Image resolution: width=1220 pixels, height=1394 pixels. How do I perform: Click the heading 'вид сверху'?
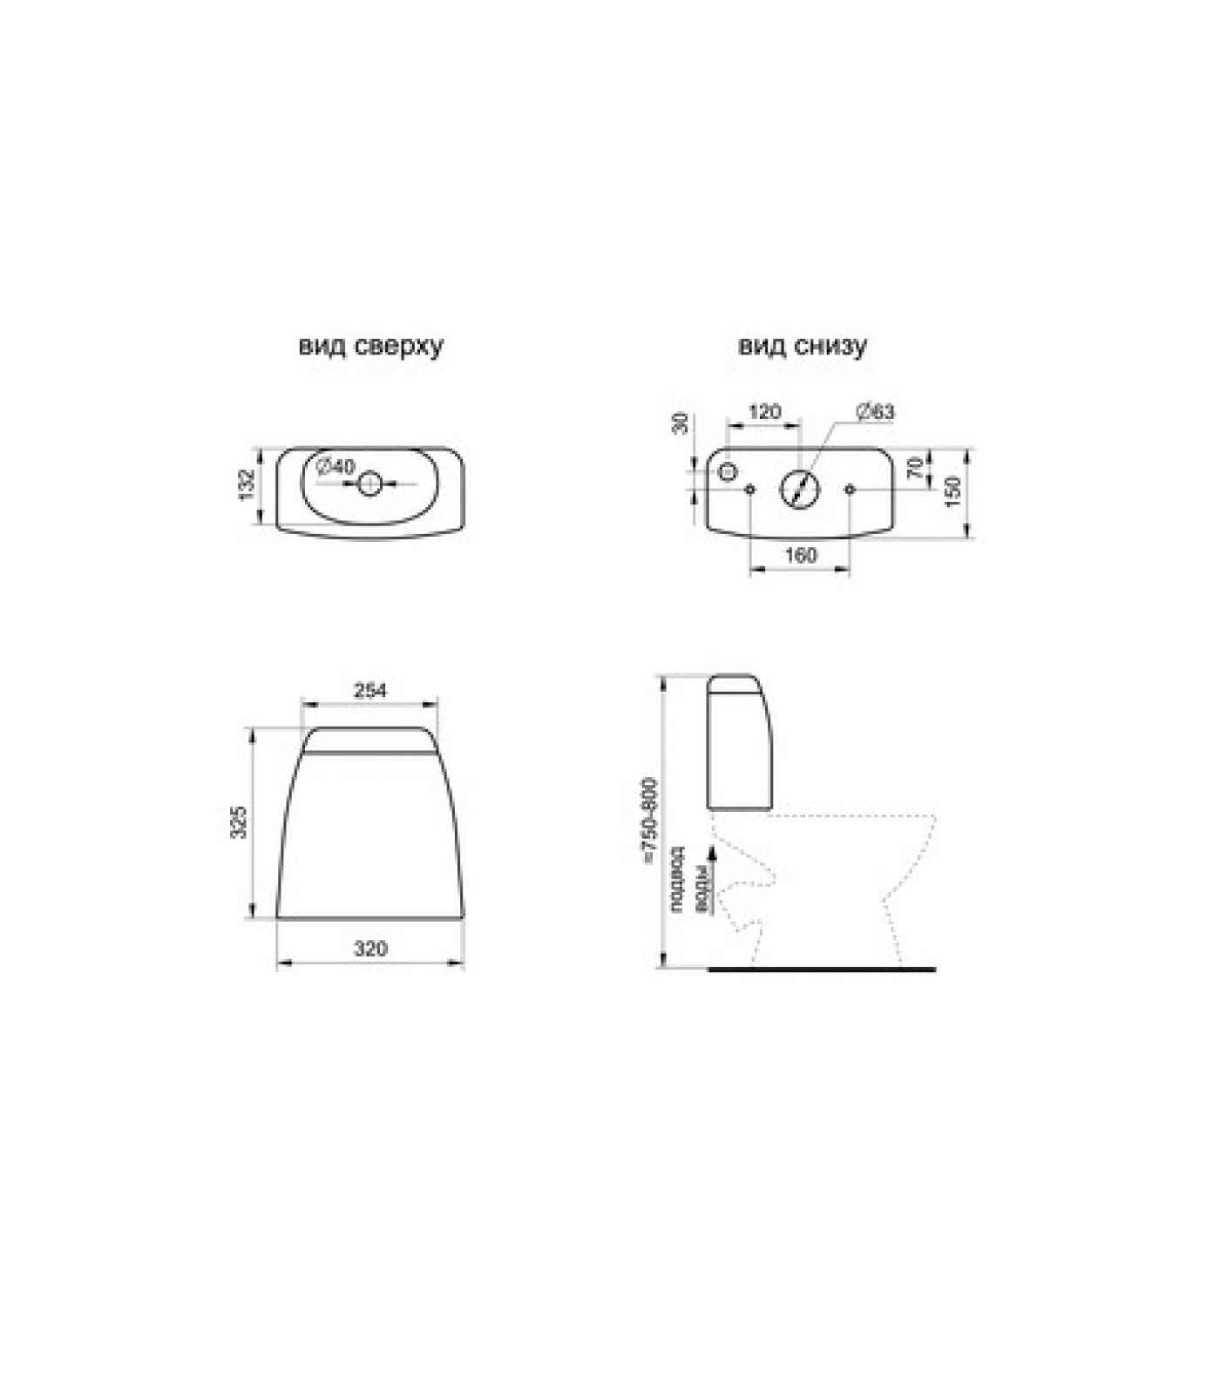[x=370, y=346]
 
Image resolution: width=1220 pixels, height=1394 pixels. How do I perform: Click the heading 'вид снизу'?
[x=803, y=346]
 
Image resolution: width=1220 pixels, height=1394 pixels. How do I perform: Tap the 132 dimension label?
[x=247, y=484]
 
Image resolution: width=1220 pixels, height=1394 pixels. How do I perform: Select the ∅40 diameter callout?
[x=335, y=467]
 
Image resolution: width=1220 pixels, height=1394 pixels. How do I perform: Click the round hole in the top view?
[x=370, y=484]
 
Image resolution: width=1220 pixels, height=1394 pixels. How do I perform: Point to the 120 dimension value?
[x=764, y=411]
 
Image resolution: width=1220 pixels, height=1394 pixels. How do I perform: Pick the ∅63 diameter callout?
[x=875, y=411]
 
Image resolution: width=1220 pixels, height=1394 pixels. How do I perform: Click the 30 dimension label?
[x=681, y=423]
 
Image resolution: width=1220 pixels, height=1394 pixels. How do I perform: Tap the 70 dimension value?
[x=915, y=468]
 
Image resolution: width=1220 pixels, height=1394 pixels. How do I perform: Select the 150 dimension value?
[x=952, y=491]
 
